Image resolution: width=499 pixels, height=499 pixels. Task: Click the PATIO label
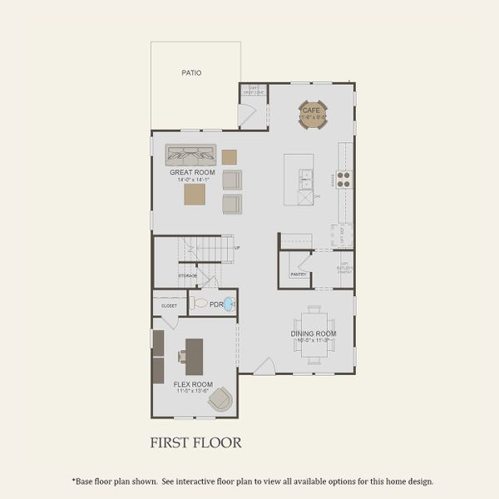191,73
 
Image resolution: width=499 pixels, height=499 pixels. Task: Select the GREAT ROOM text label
192,173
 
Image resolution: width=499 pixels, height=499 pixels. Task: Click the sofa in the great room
190,154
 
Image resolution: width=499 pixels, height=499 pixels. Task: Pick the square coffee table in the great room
195,194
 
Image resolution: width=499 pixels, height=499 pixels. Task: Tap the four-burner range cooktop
343,178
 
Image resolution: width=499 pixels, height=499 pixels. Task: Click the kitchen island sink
305,176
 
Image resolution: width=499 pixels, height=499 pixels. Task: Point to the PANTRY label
299,274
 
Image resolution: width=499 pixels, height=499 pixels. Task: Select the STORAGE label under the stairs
188,274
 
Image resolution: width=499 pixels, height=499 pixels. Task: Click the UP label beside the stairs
238,247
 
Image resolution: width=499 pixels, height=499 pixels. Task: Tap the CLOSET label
169,306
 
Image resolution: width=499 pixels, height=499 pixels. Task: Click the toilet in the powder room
200,304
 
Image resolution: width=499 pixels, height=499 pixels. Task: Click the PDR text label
216,304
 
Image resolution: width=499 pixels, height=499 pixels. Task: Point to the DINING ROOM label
314,333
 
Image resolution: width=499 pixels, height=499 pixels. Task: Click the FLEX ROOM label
193,384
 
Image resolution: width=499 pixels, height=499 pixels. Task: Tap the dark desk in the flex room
195,355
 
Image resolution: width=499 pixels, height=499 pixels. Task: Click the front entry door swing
264,366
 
